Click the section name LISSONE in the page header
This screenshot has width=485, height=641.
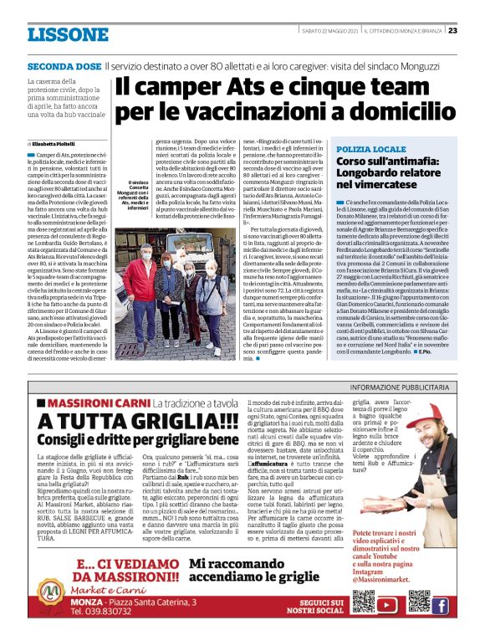(x=68, y=34)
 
